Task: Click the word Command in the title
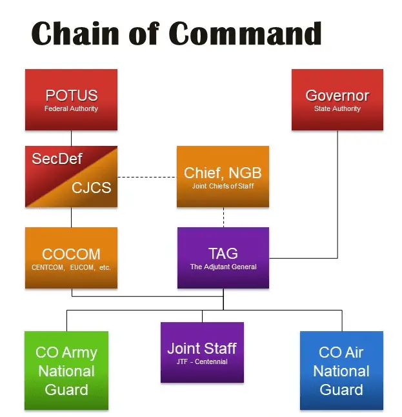(x=245, y=33)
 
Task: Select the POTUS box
(x=71, y=99)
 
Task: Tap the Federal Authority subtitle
(x=71, y=108)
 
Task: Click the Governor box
(x=337, y=99)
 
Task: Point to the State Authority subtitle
(x=337, y=108)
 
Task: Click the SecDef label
(x=57, y=159)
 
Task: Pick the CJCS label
(x=92, y=187)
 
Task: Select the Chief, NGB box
(x=223, y=176)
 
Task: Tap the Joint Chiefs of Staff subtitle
(x=223, y=186)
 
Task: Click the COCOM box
(x=71, y=258)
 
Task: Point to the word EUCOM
(x=82, y=267)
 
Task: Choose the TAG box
(x=223, y=258)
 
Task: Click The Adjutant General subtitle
(x=223, y=267)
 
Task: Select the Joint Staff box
(x=202, y=352)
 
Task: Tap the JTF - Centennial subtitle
(x=202, y=361)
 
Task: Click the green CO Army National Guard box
(x=66, y=371)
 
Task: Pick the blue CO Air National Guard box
(x=341, y=371)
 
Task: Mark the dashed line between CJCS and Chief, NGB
(x=147, y=177)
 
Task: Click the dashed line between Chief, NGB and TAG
(x=223, y=217)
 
